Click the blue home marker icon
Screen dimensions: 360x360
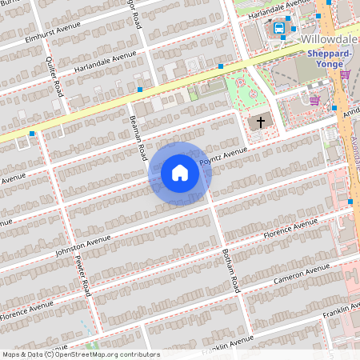(180, 172)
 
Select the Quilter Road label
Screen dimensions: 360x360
(57, 71)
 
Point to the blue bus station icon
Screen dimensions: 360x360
(279, 29)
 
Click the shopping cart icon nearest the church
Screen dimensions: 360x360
(315, 100)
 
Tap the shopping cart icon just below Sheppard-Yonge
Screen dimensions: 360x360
(345, 74)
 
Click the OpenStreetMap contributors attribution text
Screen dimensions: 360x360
(80, 354)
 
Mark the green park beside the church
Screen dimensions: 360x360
(244, 90)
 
